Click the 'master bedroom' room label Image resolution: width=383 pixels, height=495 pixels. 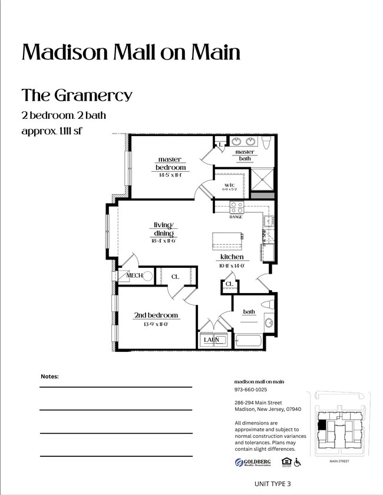pyautogui.click(x=171, y=164)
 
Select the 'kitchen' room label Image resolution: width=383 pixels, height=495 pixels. pyautogui.click(x=232, y=257)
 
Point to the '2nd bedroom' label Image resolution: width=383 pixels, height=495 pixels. pyautogui.click(x=156, y=315)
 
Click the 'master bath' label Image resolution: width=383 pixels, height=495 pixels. pyautogui.click(x=245, y=155)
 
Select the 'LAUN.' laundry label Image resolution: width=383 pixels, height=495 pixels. pyautogui.click(x=212, y=340)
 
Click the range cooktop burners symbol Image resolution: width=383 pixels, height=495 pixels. pyautogui.click(x=236, y=207)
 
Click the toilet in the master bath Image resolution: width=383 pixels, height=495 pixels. pyautogui.click(x=267, y=142)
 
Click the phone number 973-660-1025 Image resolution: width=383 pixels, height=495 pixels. pyautogui.click(x=250, y=390)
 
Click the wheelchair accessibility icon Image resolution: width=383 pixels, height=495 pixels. pyautogui.click(x=297, y=463)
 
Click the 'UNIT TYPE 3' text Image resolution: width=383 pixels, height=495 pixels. pyautogui.click(x=272, y=484)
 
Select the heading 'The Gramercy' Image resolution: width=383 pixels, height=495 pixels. pyautogui.click(x=77, y=95)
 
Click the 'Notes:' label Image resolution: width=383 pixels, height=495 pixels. pyautogui.click(x=49, y=376)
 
